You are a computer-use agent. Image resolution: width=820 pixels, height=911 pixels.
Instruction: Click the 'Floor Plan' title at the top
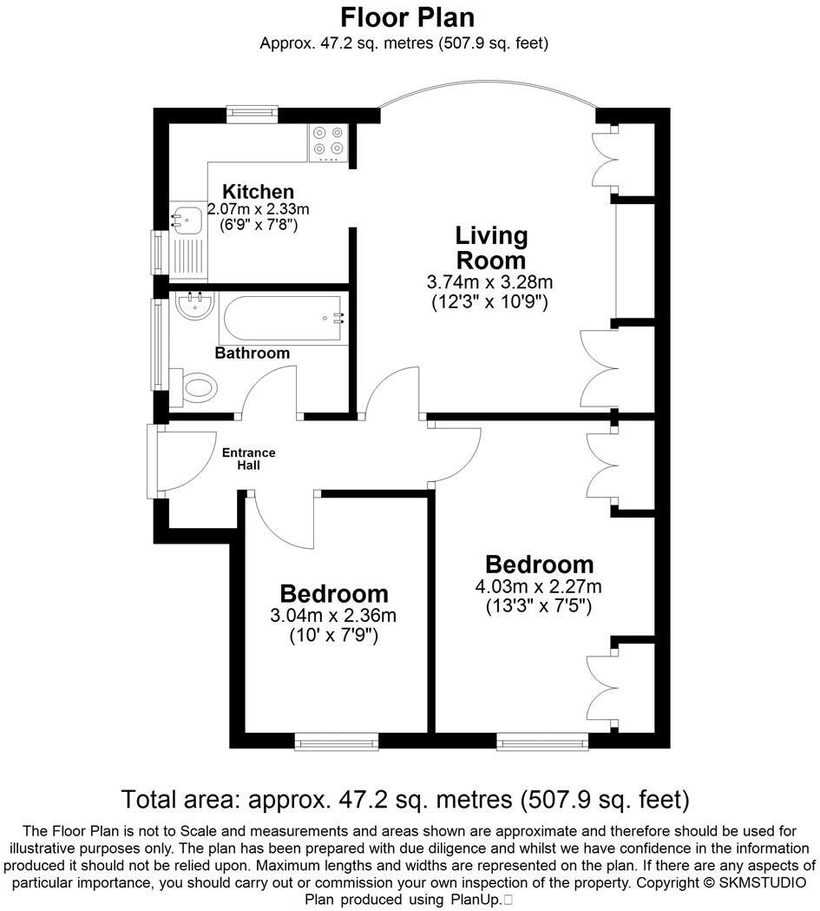click(x=408, y=17)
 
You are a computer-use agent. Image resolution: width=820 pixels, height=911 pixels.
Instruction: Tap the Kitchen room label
click(x=258, y=191)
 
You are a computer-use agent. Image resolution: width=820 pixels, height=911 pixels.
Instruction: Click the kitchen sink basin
click(x=186, y=220)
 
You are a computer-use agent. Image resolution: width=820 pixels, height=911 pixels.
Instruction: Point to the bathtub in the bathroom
click(x=283, y=319)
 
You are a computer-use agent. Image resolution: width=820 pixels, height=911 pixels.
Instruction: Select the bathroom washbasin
click(x=194, y=305)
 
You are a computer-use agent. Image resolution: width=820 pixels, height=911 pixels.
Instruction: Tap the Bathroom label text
click(x=252, y=353)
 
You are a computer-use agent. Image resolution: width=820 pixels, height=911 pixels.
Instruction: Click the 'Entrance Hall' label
click(x=248, y=459)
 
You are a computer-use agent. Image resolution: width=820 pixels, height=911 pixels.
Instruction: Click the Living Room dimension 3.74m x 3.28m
click(x=490, y=282)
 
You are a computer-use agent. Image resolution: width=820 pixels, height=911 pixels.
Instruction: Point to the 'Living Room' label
click(x=491, y=248)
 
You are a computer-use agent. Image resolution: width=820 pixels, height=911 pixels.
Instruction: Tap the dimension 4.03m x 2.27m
click(x=538, y=586)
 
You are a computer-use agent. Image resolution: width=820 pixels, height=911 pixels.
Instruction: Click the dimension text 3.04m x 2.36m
click(x=333, y=616)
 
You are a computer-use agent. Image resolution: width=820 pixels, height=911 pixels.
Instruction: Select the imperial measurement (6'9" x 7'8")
click(x=258, y=225)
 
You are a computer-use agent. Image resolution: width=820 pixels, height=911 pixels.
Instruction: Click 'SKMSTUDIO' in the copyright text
click(x=764, y=882)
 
